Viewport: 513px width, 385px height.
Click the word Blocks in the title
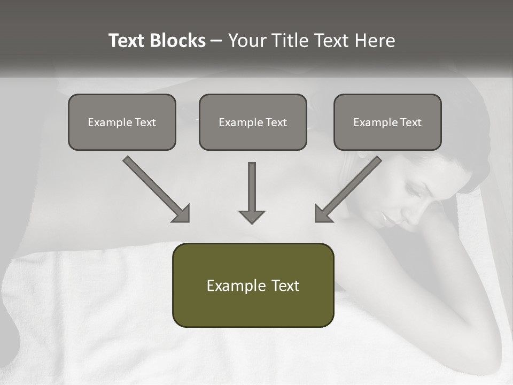pyautogui.click(x=177, y=41)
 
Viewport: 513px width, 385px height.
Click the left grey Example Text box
pyautogui.click(x=122, y=122)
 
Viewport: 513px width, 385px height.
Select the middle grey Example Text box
pyautogui.click(x=253, y=122)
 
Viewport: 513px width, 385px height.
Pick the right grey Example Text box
pyautogui.click(x=387, y=122)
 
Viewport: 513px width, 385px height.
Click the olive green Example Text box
pyautogui.click(x=253, y=285)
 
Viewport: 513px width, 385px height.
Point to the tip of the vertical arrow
pyautogui.click(x=252, y=222)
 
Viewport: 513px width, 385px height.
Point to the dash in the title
pyautogui.click(x=216, y=41)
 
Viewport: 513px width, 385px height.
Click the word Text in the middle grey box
pyautogui.click(x=276, y=122)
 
